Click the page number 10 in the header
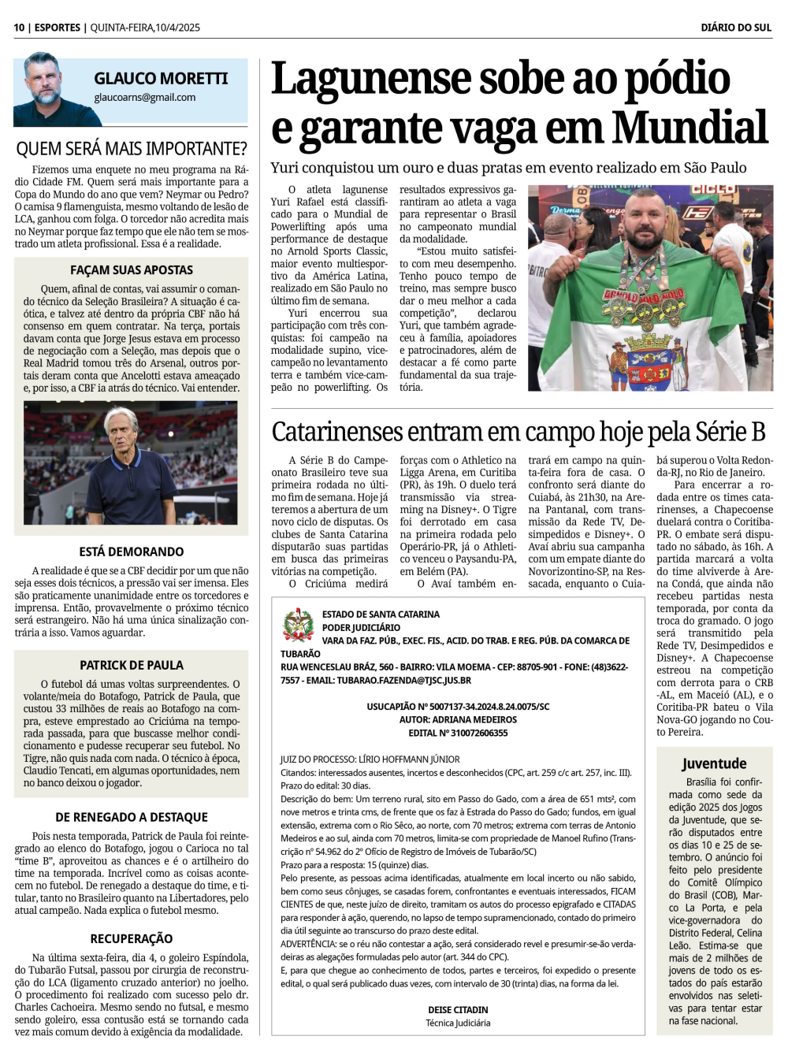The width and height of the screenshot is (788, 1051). (x=19, y=28)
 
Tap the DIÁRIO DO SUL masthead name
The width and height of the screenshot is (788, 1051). (x=736, y=28)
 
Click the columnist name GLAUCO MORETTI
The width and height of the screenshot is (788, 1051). (x=161, y=79)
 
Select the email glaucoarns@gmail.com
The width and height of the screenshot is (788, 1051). (x=145, y=98)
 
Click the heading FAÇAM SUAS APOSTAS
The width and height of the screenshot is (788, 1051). (x=132, y=270)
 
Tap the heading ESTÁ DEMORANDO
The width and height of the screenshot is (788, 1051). (x=132, y=551)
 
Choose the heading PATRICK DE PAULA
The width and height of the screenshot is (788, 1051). (x=132, y=665)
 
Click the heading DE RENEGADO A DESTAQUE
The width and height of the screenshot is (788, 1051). (x=132, y=817)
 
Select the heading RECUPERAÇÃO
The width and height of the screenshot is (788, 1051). (x=132, y=938)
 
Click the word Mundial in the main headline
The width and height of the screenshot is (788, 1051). (x=689, y=128)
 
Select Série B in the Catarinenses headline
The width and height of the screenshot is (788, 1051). (x=730, y=433)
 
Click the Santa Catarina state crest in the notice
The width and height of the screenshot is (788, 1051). (x=298, y=626)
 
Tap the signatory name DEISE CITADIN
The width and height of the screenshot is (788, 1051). (x=458, y=1009)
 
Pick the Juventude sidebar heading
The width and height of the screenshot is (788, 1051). (x=714, y=763)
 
